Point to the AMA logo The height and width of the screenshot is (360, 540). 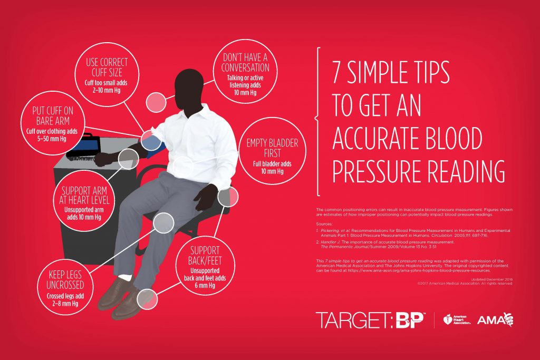(495, 319)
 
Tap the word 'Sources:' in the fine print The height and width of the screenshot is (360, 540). (324, 223)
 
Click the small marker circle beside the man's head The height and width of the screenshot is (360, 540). (156, 101)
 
